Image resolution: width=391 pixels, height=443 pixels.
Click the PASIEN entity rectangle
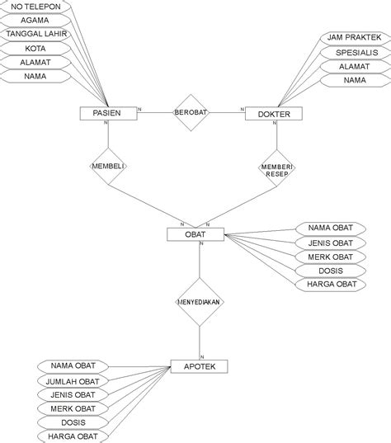(108, 114)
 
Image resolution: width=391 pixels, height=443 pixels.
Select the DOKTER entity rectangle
(275, 114)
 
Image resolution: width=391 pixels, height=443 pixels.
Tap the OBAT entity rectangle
(196, 235)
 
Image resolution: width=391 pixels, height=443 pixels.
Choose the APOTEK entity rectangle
(199, 366)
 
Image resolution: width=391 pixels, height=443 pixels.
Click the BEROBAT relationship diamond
(190, 112)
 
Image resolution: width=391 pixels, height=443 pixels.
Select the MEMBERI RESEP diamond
(277, 167)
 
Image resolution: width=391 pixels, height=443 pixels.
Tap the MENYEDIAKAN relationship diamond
(199, 302)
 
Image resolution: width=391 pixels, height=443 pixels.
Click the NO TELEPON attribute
(36, 6)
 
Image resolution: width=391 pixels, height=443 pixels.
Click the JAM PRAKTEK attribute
(353, 38)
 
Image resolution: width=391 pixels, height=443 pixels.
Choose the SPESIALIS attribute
(353, 52)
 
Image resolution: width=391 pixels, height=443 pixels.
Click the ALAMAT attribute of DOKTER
(353, 66)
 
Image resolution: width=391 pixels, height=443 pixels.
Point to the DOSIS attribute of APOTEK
(72, 422)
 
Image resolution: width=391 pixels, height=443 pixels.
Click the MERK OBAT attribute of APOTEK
(72, 408)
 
